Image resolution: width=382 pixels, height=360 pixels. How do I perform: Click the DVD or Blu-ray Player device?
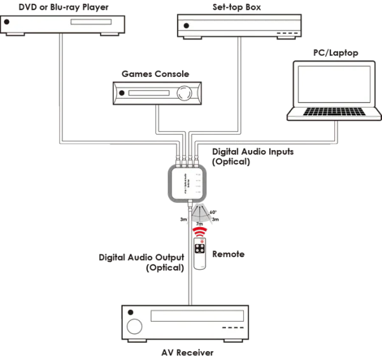click(x=64, y=24)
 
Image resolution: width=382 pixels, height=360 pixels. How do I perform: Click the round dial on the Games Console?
click(x=183, y=92)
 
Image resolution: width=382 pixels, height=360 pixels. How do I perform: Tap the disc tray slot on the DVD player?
click(x=88, y=22)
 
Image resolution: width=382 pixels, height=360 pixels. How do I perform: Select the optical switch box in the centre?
click(x=187, y=184)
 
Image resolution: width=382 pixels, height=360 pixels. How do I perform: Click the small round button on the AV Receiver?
click(x=131, y=313)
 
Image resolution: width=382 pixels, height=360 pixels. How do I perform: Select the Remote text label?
click(x=228, y=254)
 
